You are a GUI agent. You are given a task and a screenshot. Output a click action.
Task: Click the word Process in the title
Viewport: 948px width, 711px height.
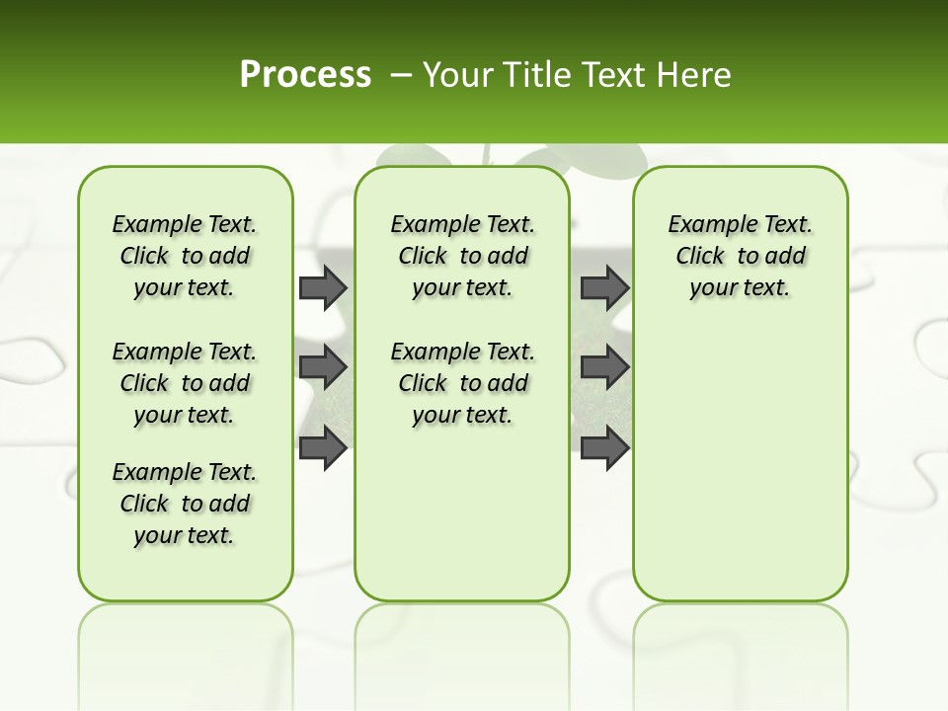point(305,75)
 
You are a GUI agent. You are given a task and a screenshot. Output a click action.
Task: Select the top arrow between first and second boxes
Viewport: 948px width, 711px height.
point(323,288)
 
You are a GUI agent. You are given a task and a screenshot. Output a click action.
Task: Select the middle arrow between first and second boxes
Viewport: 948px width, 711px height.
point(323,367)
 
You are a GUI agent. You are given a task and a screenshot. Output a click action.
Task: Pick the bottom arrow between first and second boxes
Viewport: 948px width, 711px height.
point(323,447)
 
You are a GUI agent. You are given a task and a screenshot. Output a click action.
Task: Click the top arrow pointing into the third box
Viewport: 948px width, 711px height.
point(604,288)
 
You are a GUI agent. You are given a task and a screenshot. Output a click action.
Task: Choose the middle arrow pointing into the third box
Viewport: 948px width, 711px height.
point(604,367)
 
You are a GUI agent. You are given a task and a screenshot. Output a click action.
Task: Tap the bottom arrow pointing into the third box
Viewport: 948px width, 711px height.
point(604,447)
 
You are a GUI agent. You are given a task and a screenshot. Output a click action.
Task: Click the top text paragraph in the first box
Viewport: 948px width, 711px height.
point(185,256)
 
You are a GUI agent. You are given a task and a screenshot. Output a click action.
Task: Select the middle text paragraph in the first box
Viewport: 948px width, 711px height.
point(185,383)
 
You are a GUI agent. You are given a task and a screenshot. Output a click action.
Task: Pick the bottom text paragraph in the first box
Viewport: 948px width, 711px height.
point(185,504)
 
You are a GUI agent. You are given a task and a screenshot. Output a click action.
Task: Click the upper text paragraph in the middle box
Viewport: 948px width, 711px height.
point(462,256)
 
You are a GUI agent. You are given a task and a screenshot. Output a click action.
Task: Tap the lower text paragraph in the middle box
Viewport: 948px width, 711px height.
point(462,383)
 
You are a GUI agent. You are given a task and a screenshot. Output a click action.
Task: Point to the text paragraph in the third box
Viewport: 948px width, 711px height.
point(740,256)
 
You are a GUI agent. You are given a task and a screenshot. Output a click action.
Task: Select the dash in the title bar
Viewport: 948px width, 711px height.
point(401,75)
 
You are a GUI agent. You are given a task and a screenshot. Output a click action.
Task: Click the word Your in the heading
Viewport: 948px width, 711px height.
point(458,75)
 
